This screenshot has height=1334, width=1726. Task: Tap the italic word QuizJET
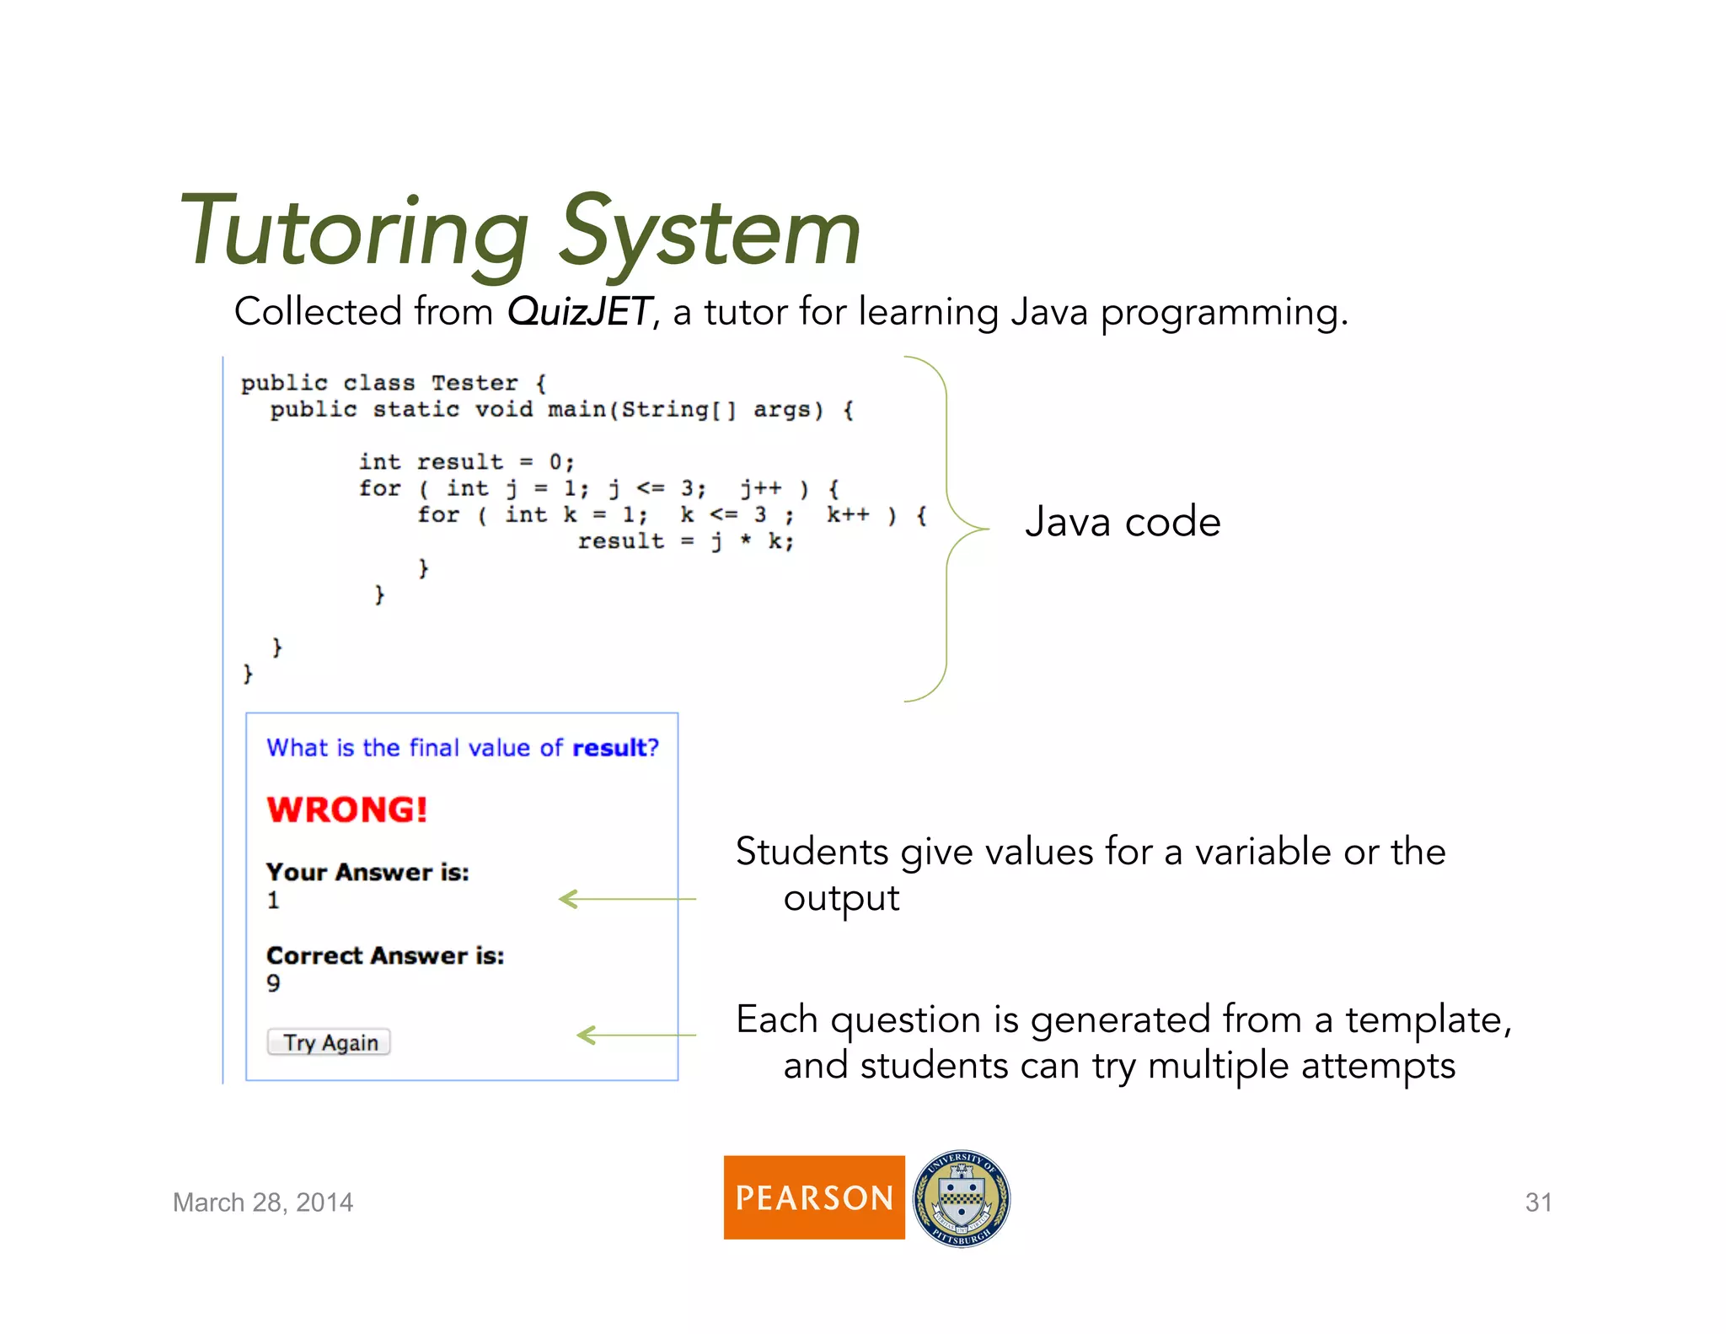(579, 312)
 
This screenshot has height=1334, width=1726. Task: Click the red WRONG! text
(347, 810)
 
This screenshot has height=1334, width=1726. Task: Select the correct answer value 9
(273, 983)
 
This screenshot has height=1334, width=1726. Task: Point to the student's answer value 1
(273, 901)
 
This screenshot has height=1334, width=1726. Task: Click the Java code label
(1122, 522)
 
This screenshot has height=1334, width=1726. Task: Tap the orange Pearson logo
(813, 1197)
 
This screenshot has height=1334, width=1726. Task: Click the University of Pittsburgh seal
(962, 1198)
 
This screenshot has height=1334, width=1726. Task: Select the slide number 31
(1538, 1202)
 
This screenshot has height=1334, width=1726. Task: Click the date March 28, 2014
(263, 1202)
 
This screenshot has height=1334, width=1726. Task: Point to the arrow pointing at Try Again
(635, 1035)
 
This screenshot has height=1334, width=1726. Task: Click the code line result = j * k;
(685, 541)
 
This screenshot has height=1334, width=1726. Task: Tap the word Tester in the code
(474, 384)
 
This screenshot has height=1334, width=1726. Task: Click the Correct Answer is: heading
(385, 955)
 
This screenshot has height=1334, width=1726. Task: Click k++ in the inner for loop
(847, 515)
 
